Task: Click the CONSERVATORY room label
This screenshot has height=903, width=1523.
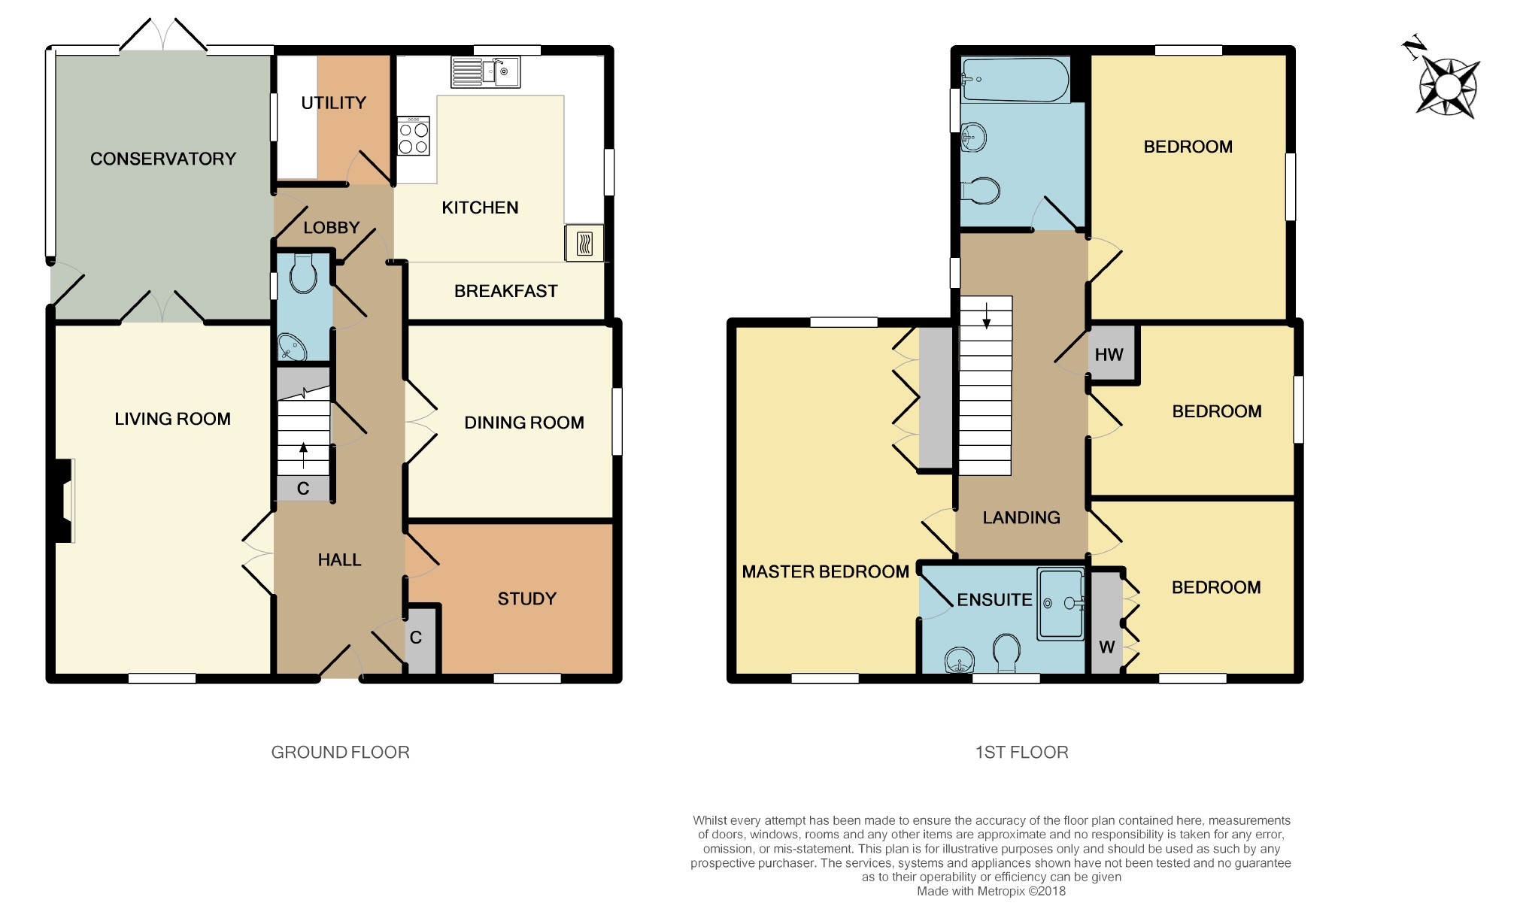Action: click(x=163, y=159)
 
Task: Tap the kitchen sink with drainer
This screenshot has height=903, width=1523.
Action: click(x=485, y=72)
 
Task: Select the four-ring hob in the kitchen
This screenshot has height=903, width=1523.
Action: click(x=413, y=135)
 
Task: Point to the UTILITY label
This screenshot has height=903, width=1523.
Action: click(x=334, y=103)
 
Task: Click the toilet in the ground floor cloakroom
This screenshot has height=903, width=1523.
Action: click(x=303, y=273)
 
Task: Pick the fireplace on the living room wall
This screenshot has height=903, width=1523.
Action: click(x=63, y=500)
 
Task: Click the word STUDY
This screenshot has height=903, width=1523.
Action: click(x=527, y=598)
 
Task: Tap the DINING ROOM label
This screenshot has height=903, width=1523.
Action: click(x=524, y=423)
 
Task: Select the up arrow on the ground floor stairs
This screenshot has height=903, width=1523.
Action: click(x=304, y=456)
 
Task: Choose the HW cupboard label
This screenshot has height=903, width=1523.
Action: click(x=1109, y=355)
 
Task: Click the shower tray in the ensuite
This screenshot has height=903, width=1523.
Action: click(x=1060, y=604)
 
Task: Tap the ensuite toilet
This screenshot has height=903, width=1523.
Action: click(x=1006, y=653)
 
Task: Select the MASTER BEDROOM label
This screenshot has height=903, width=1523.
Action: click(x=826, y=571)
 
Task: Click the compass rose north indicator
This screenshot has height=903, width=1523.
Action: click(x=1413, y=47)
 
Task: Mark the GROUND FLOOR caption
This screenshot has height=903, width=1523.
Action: click(x=341, y=752)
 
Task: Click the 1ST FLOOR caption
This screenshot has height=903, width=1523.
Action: click(x=1022, y=752)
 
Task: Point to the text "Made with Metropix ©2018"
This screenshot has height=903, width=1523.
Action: click(x=991, y=891)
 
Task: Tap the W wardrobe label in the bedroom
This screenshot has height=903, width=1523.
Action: click(x=1107, y=647)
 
